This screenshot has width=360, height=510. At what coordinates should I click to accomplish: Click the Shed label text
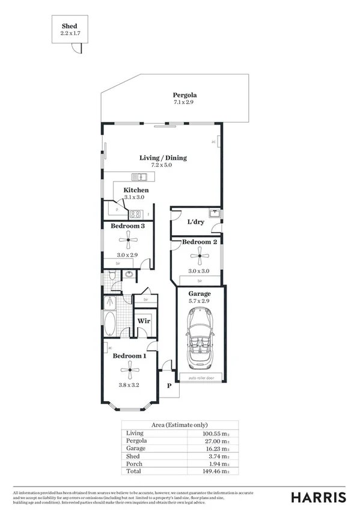click(x=69, y=26)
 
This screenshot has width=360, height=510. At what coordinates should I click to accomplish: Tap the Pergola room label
click(x=185, y=95)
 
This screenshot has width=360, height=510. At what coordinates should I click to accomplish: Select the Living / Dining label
click(x=163, y=158)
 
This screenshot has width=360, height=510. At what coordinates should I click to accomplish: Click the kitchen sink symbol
click(x=139, y=177)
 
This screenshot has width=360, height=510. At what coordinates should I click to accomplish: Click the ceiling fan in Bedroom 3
click(x=128, y=241)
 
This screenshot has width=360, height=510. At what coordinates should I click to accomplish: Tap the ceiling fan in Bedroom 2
click(x=199, y=257)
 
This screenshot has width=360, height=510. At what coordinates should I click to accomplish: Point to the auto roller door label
click(x=201, y=378)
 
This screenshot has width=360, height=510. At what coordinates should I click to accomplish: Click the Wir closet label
click(x=144, y=321)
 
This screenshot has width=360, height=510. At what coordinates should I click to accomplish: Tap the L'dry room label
click(x=196, y=222)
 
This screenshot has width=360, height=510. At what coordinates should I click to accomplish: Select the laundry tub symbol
click(x=213, y=212)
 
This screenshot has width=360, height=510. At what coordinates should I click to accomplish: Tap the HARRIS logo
click(x=318, y=497)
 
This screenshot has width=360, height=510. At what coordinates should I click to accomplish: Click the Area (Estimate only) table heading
click(x=180, y=425)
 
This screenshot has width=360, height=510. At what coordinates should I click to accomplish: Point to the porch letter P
click(x=169, y=387)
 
